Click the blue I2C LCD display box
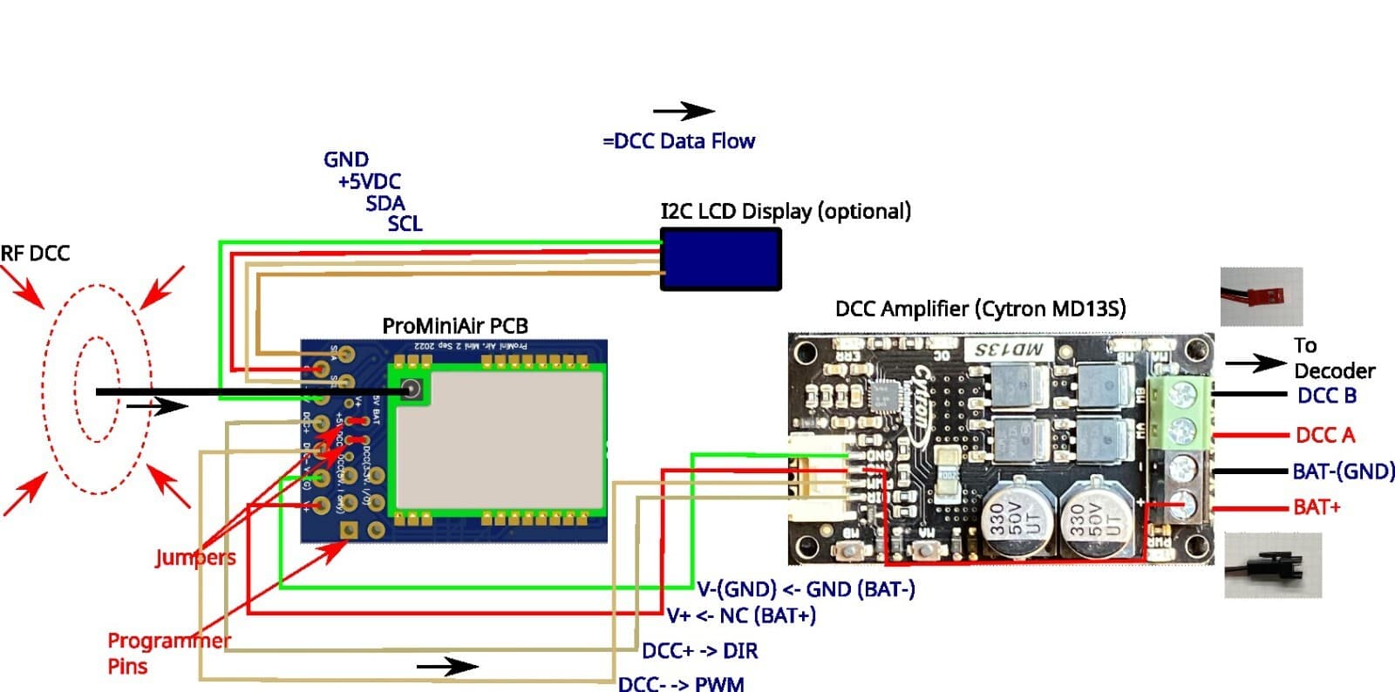tap(720, 259)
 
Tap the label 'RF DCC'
tap(35, 254)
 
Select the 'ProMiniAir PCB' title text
tap(455, 326)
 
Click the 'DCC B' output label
tap(1326, 396)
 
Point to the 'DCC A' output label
tap(1325, 435)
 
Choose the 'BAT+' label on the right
tap(1317, 506)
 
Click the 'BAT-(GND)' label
tap(1343, 472)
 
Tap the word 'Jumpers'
tap(195, 558)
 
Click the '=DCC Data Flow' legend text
tap(679, 141)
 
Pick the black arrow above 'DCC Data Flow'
tap(684, 111)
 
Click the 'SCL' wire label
tap(405, 224)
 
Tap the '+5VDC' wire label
tap(370, 181)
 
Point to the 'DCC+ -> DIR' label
tap(700, 651)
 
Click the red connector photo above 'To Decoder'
tap(1261, 296)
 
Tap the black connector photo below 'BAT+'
tap(1272, 566)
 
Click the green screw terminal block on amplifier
tap(1181, 413)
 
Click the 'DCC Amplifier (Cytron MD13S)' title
tap(980, 309)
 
